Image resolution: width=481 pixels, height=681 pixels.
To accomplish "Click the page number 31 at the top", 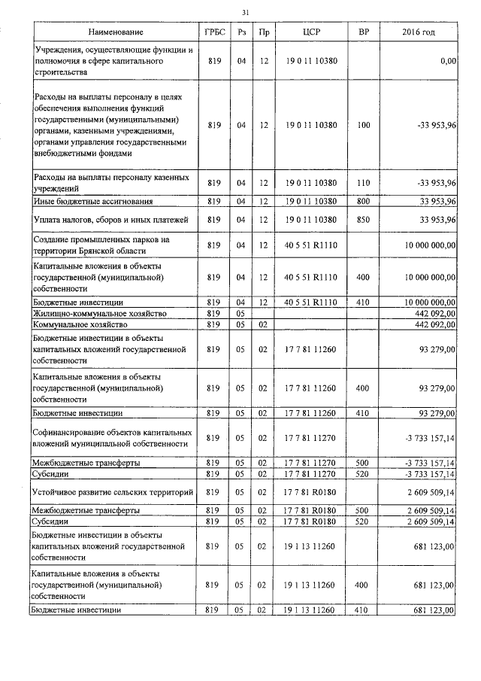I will pyautogui.click(x=245, y=12).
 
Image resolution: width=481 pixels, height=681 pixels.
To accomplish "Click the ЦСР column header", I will pyautogui.click(x=311, y=33).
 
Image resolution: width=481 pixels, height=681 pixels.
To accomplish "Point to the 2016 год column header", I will pyautogui.click(x=418, y=33).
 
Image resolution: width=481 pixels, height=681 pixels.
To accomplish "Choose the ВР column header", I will pyautogui.click(x=364, y=33).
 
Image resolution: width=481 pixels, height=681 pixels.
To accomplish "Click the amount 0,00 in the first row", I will pyautogui.click(x=449, y=61).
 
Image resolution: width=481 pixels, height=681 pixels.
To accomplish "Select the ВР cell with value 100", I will pyautogui.click(x=364, y=125).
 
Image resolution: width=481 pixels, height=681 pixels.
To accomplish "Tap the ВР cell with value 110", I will pyautogui.click(x=364, y=183).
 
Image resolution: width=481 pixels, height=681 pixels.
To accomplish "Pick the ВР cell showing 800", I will pyautogui.click(x=364, y=202).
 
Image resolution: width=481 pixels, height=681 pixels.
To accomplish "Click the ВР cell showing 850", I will pyautogui.click(x=364, y=220).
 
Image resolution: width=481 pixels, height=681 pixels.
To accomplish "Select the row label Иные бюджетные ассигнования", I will pyautogui.click(x=94, y=202).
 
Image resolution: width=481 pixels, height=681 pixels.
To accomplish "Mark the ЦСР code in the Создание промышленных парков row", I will pyautogui.click(x=311, y=245).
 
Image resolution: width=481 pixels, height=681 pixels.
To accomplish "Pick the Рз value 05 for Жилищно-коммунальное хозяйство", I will pyautogui.click(x=241, y=312).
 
